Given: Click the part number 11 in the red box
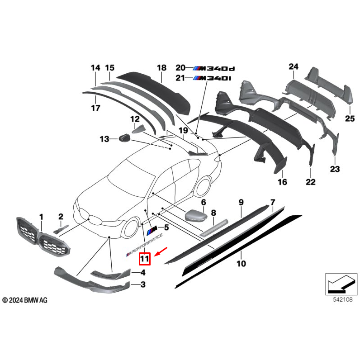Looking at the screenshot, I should pyautogui.click(x=144, y=259).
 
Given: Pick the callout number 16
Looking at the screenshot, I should pyautogui.click(x=282, y=182).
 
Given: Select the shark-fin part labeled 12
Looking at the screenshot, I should pyautogui.click(x=136, y=128).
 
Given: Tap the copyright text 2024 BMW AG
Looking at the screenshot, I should pyautogui.click(x=24, y=300).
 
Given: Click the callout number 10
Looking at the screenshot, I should pyautogui.click(x=241, y=263).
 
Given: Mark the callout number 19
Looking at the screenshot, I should pyautogui.click(x=182, y=131).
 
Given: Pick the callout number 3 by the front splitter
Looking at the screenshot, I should pyautogui.click(x=143, y=284).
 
